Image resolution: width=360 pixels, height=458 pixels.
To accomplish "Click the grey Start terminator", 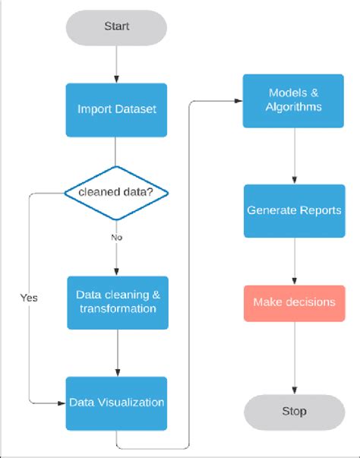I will pyautogui.click(x=116, y=27).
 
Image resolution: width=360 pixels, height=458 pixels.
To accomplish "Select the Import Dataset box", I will pyautogui.click(x=116, y=109).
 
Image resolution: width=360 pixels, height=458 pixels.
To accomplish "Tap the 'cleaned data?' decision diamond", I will pyautogui.click(x=116, y=193).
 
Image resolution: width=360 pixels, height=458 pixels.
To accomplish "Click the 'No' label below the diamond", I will pyautogui.click(x=116, y=237).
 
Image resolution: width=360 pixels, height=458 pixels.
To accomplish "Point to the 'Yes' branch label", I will pyautogui.click(x=29, y=298).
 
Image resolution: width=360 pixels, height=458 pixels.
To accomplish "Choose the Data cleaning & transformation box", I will pyautogui.click(x=116, y=302).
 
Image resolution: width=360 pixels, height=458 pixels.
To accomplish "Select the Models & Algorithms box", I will pyautogui.click(x=295, y=100).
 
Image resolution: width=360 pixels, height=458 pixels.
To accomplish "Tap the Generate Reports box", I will pyautogui.click(x=295, y=210).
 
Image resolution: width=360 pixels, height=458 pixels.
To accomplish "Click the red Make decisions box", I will pyautogui.click(x=295, y=302).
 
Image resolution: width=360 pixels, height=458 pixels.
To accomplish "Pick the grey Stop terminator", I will pyautogui.click(x=295, y=411).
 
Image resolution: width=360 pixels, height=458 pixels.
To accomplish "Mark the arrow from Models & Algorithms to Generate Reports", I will pyautogui.click(x=295, y=155).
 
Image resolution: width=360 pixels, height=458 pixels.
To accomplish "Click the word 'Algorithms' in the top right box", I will pyautogui.click(x=295, y=107).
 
